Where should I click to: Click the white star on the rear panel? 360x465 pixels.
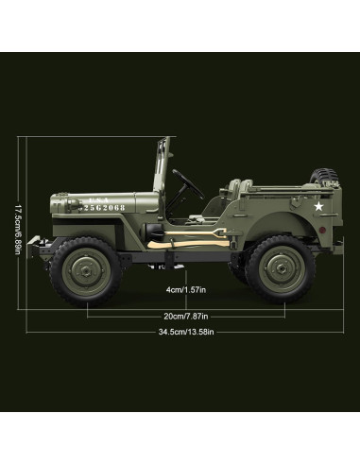[318, 206]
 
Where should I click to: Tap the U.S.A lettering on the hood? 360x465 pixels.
[98, 200]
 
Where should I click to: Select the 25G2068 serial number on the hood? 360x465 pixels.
[102, 208]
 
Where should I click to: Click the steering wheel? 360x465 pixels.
[188, 184]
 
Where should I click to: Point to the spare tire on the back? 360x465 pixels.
[323, 177]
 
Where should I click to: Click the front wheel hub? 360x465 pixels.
[86, 270]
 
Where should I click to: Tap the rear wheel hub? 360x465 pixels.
[280, 268]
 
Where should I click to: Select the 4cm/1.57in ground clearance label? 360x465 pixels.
[186, 289]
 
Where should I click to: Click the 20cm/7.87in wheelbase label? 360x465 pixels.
[186, 316]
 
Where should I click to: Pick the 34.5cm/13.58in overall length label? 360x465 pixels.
[186, 332]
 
